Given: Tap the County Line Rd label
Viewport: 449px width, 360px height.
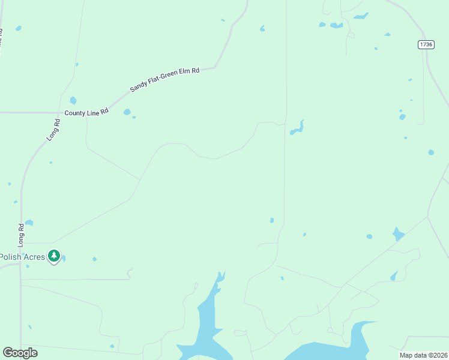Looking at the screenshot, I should [86, 112].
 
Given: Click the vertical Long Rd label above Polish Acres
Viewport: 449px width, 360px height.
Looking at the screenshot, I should [21, 235].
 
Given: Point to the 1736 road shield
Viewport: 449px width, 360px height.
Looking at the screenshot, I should [426, 44].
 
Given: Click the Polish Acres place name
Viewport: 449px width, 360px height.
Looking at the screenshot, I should [22, 257].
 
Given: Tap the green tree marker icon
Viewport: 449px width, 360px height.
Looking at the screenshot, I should [54, 256].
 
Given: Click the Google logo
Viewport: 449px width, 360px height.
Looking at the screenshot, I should [20, 353].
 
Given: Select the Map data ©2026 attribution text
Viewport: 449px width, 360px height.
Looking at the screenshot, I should [423, 355].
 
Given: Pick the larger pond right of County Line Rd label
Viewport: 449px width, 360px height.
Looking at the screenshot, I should [127, 112].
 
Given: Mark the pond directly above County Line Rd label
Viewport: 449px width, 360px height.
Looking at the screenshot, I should [73, 100].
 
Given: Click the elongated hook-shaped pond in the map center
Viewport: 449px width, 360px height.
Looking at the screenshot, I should [297, 128].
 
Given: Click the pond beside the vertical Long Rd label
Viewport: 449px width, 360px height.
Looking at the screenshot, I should [29, 223].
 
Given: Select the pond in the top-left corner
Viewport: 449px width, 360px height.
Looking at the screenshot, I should [19, 28].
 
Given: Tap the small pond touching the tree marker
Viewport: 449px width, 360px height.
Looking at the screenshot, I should [63, 258].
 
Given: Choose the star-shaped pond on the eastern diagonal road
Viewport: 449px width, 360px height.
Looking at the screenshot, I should [397, 233].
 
